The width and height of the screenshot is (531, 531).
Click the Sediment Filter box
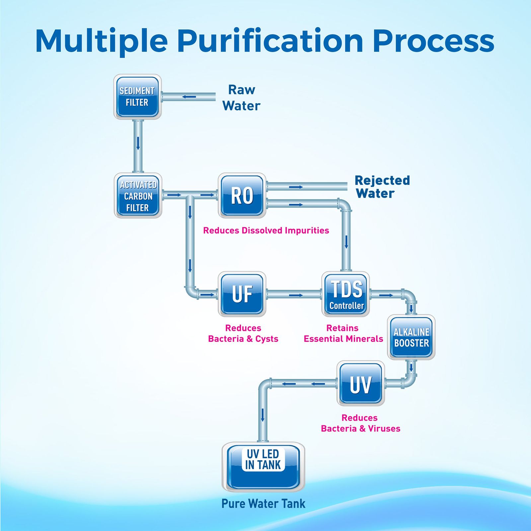[x=137, y=97]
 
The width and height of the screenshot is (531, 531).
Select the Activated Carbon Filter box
[x=138, y=195]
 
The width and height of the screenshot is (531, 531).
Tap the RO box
[x=242, y=195]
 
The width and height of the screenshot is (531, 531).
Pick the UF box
[x=242, y=294]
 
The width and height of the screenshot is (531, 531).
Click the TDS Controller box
[x=346, y=294]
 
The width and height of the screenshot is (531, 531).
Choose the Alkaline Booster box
[x=411, y=337]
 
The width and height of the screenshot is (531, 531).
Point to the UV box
[x=361, y=383]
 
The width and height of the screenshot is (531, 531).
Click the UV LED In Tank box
[x=263, y=467]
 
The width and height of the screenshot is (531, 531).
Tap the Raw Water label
[x=241, y=98]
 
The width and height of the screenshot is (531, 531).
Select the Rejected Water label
[x=382, y=187]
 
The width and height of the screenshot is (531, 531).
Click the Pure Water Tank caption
[x=263, y=503]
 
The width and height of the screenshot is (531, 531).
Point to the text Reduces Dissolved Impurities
[x=266, y=230]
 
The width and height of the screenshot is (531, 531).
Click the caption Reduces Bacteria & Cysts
[x=243, y=333]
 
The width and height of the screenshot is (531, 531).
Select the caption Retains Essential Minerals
[x=343, y=333]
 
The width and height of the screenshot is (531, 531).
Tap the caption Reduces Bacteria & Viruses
[x=361, y=423]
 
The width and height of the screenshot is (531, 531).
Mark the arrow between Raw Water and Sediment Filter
[x=189, y=97]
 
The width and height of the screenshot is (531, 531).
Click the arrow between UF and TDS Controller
[x=296, y=295]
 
